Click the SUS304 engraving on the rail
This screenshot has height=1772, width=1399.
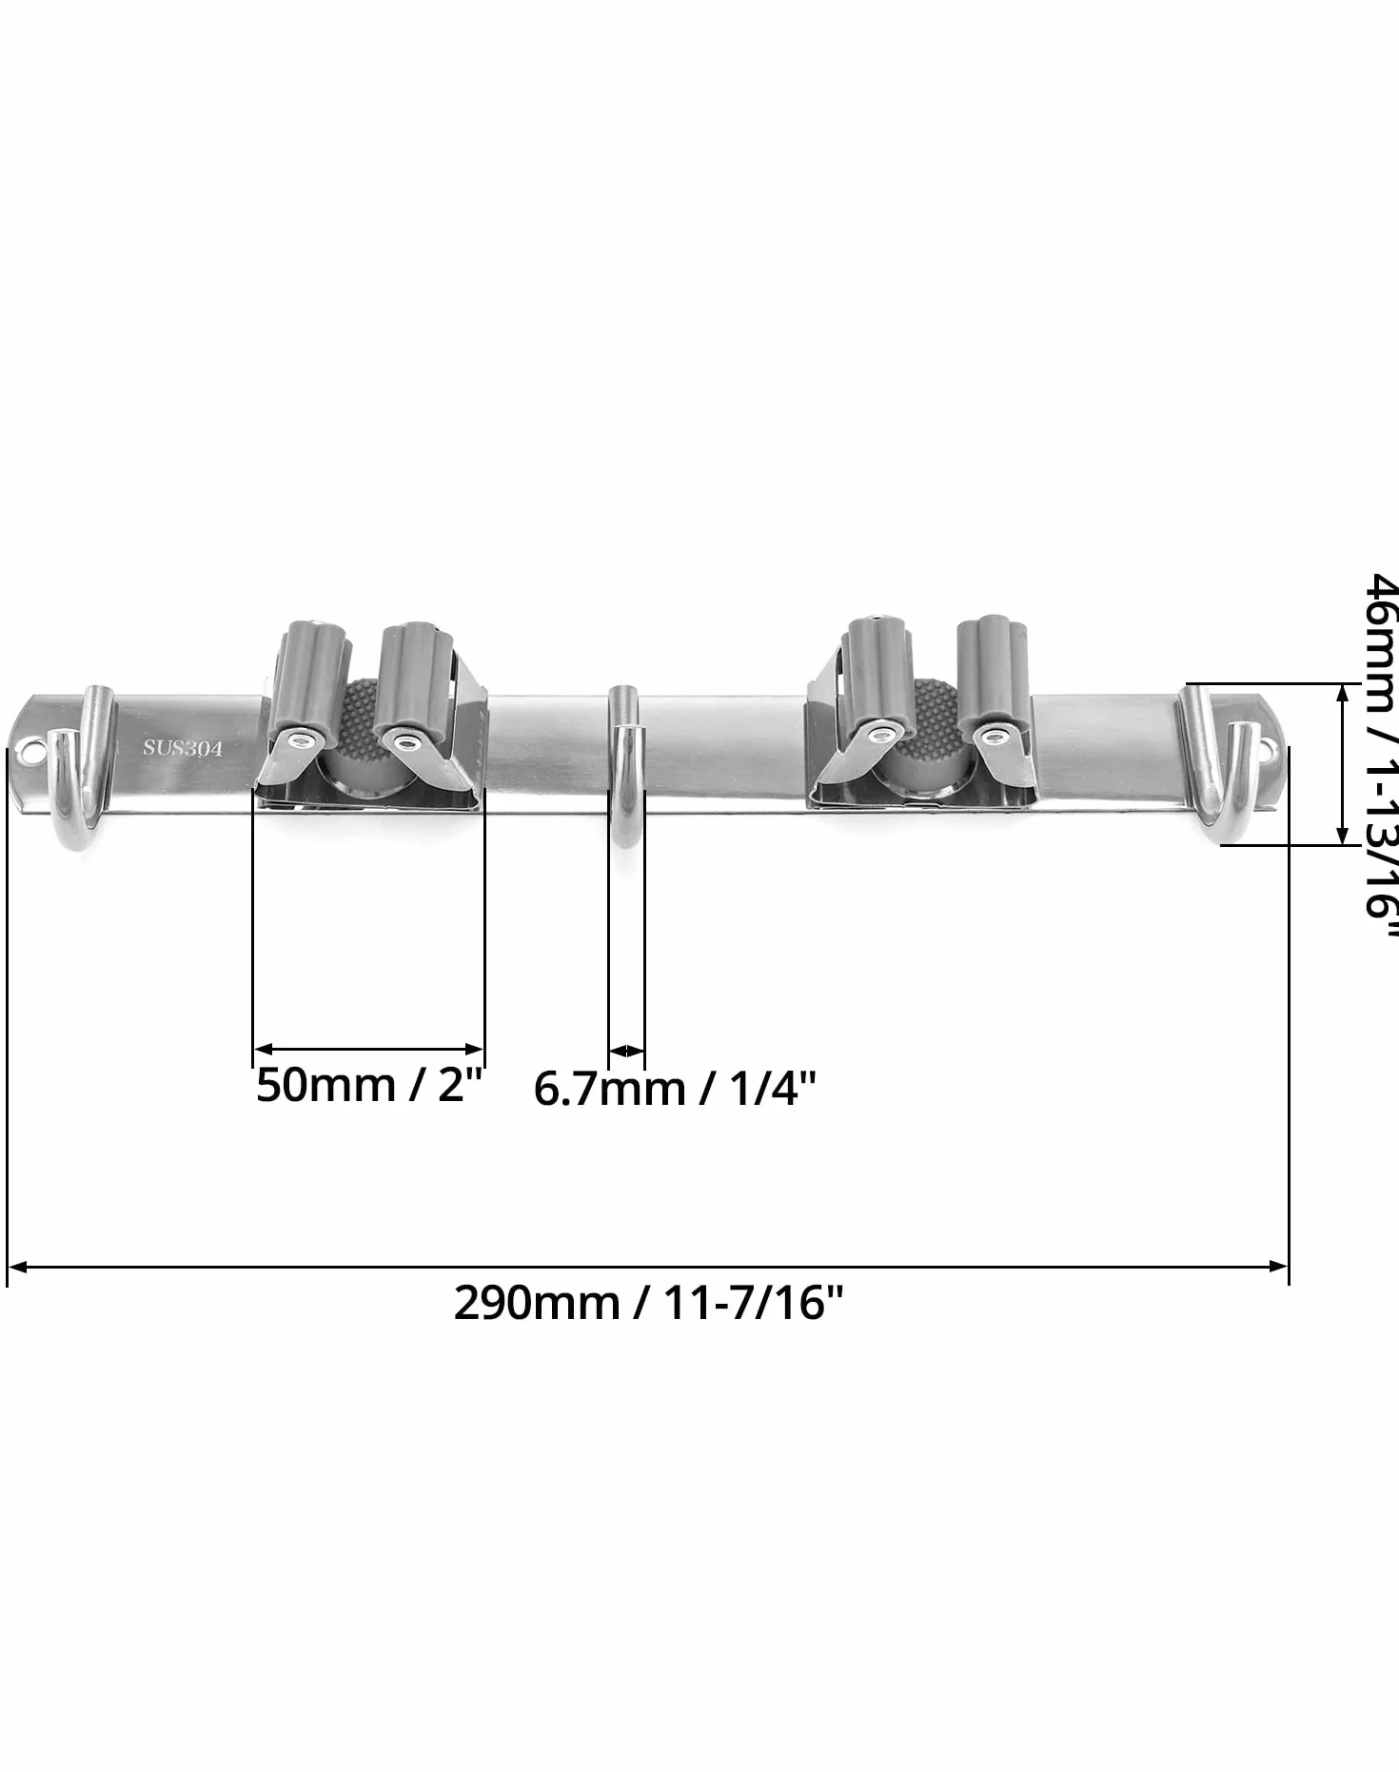[x=183, y=748]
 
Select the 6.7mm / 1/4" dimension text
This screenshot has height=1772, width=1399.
[x=675, y=1089]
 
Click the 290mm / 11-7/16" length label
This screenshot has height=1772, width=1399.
[x=648, y=1303]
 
